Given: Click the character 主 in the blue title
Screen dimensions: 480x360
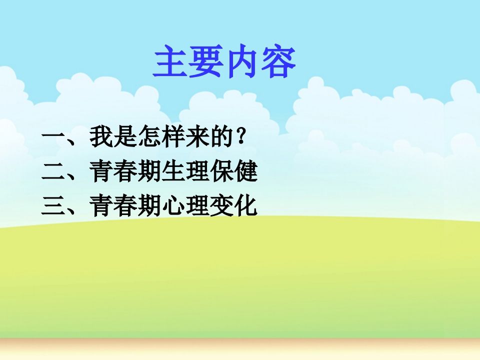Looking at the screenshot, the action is (x=170, y=61).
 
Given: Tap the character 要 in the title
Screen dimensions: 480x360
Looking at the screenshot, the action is (x=205, y=61).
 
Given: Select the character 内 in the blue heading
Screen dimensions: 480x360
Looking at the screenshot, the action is (x=241, y=61).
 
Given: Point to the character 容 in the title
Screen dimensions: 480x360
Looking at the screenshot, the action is (x=278, y=61).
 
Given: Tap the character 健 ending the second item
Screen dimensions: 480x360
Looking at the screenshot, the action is (x=246, y=171).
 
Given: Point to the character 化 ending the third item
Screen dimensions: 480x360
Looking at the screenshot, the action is (x=246, y=205).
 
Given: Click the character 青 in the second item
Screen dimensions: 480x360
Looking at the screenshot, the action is (x=101, y=171).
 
